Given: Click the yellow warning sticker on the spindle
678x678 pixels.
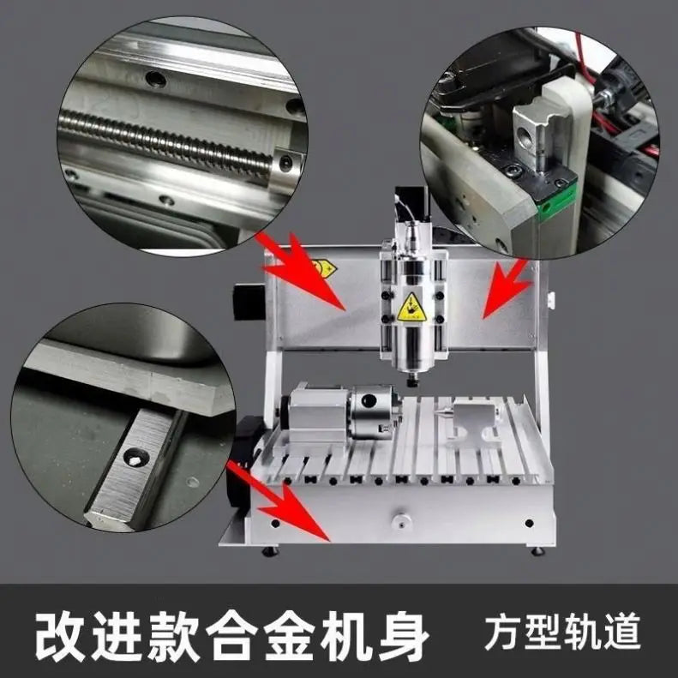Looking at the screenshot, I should coord(411,306).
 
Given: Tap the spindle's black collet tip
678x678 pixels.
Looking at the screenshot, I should coord(412,380).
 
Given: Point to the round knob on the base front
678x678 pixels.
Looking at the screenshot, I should coord(400,519).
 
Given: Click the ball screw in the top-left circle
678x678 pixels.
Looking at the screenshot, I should coord(171,141).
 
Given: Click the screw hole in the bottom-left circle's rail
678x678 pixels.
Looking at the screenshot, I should coord(135,458).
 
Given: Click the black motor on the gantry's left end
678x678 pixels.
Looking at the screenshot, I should coord(249,302).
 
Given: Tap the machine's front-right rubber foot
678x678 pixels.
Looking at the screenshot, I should coord(537,549).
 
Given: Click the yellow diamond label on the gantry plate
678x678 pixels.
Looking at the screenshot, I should coord(324,268).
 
